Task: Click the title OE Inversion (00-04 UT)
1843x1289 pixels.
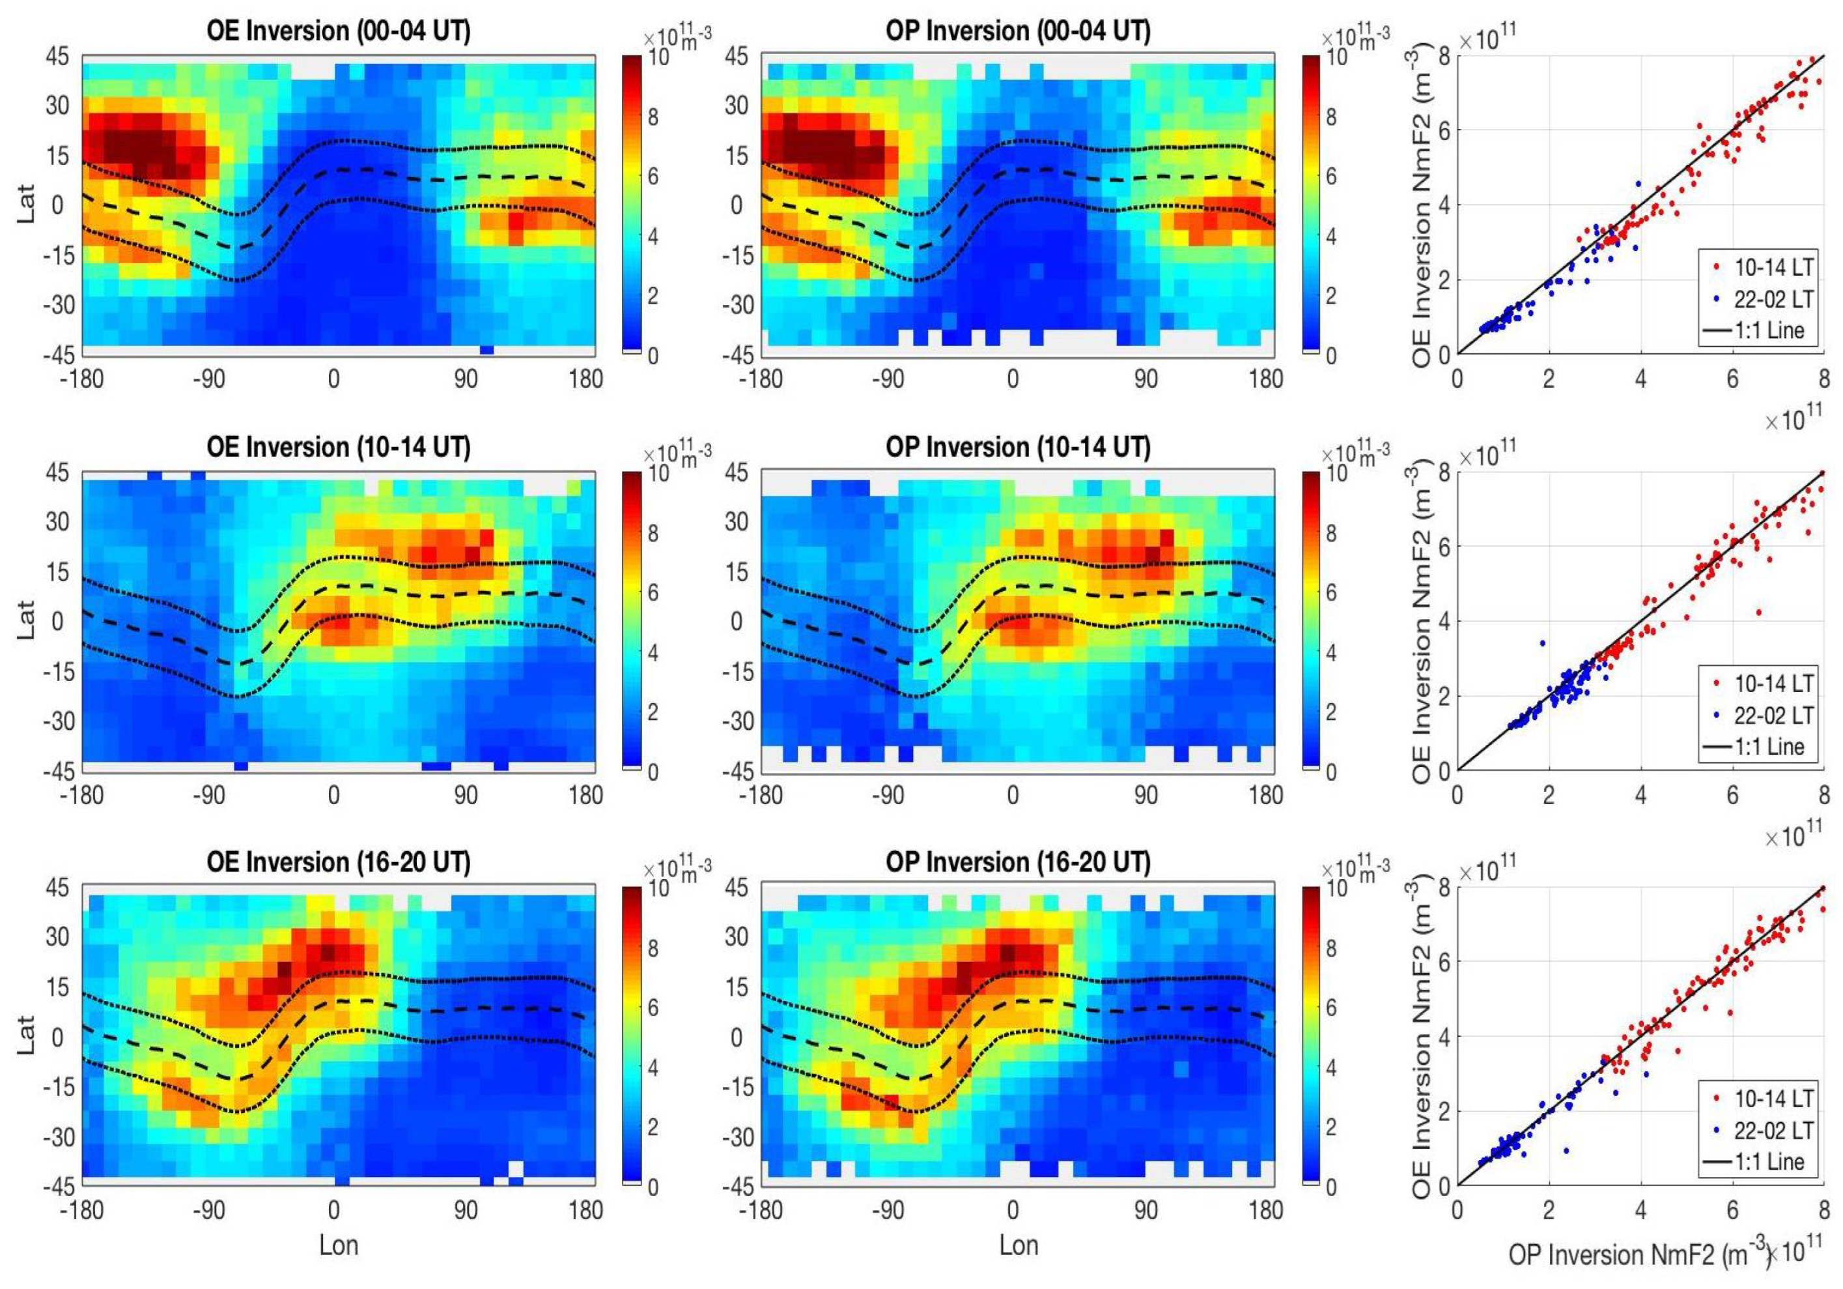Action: click(x=338, y=31)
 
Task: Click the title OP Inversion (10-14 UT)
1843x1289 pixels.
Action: click(x=1018, y=447)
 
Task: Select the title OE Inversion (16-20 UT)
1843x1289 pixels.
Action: click(x=338, y=863)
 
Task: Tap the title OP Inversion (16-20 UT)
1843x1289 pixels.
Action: click(x=1018, y=863)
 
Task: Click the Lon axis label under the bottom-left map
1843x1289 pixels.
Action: click(x=338, y=1245)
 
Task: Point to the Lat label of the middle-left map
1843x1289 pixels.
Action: click(x=27, y=620)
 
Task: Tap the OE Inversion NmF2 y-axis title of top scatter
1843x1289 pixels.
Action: click(x=1422, y=205)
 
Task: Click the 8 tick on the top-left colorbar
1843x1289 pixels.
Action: click(x=653, y=117)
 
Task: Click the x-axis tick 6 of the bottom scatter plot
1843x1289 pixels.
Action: click(x=1732, y=1210)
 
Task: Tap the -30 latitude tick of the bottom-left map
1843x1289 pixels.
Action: click(x=56, y=1137)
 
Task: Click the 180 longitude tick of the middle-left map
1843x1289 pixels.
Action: click(x=586, y=795)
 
